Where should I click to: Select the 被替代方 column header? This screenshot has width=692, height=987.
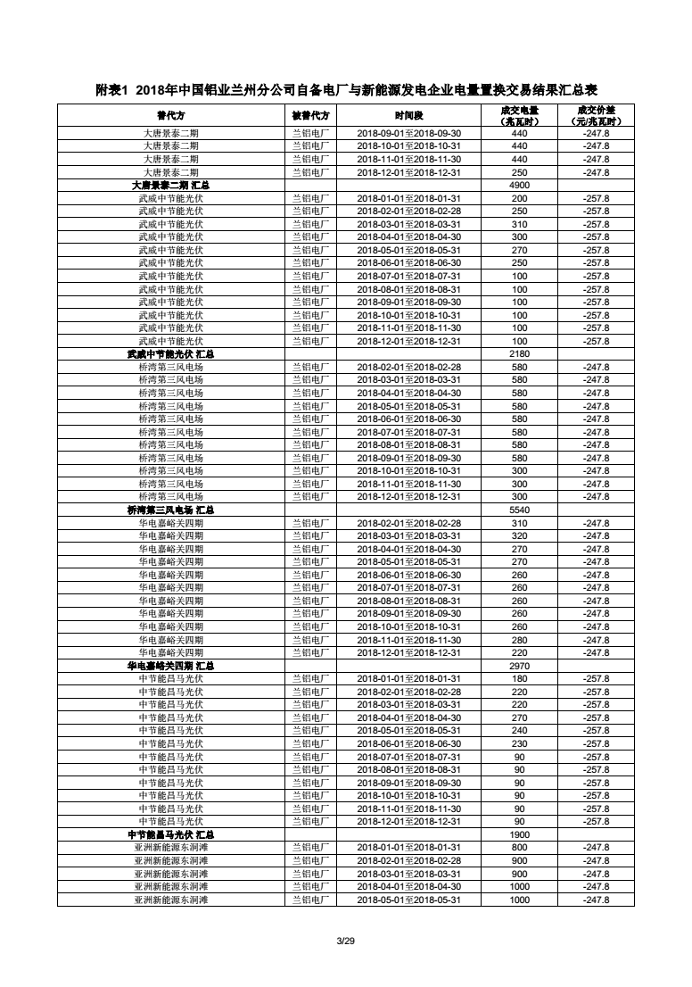311,115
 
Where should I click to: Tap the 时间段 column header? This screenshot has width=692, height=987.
409,115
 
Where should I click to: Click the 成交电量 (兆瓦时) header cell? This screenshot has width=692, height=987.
519,115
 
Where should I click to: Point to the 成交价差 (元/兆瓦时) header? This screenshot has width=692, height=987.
596,115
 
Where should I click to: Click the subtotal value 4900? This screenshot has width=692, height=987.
519,186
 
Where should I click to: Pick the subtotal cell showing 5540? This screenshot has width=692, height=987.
519,510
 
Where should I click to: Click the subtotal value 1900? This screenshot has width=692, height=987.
519,834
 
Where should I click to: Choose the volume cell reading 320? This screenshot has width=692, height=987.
519,535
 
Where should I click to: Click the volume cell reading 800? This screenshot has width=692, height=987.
519,847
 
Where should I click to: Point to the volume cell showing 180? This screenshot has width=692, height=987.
519,678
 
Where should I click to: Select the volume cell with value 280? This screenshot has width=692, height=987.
519,640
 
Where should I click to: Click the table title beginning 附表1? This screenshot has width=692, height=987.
346,90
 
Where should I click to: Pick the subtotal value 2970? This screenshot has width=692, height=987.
519,666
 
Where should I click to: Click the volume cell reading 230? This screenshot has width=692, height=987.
519,743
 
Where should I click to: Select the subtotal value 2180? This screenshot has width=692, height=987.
519,354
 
